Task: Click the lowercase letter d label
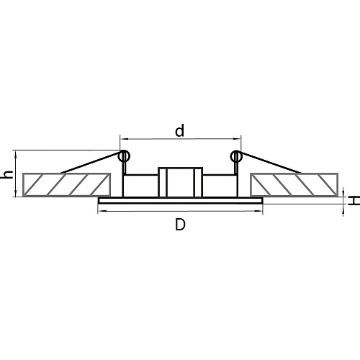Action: point(180,131)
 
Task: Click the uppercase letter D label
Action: point(180,225)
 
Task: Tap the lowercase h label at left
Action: point(8,174)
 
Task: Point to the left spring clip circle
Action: point(124,156)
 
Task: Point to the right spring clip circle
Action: point(236,156)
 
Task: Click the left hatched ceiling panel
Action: point(66,184)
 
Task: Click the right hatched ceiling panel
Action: point(294,184)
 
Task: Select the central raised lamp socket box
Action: point(180,182)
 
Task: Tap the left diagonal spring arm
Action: point(91,163)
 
